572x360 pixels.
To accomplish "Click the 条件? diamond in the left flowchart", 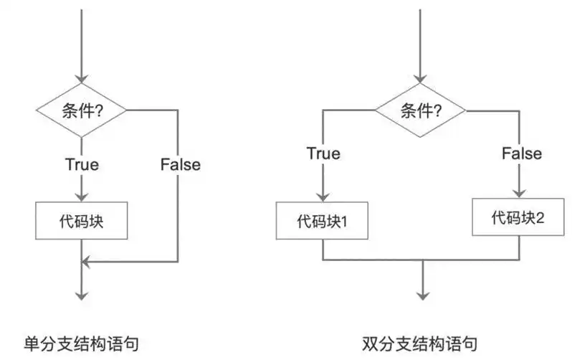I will pyautogui.click(x=82, y=110).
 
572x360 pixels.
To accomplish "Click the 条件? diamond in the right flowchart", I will pyautogui.click(x=421, y=110).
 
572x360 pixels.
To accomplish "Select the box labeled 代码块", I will pyautogui.click(x=82, y=221).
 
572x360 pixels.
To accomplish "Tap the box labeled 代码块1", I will pyautogui.click(x=322, y=221).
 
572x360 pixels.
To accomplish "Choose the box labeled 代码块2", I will pyautogui.click(x=518, y=217).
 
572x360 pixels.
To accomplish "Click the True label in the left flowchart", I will pyautogui.click(x=82, y=164).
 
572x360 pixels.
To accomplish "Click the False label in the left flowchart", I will pyautogui.click(x=181, y=164).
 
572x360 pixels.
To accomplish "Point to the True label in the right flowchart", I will pyautogui.click(x=323, y=153).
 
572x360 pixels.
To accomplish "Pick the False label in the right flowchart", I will pyautogui.click(x=521, y=153).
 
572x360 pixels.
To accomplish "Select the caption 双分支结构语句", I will pyautogui.click(x=419, y=343).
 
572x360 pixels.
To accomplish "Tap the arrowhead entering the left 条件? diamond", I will pyautogui.click(x=82, y=79).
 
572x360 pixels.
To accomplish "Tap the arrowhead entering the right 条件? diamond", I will pyautogui.click(x=421, y=79).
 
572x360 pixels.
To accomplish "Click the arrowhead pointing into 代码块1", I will pyautogui.click(x=322, y=197).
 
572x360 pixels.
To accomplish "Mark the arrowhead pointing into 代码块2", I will pyautogui.click(x=518, y=192).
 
